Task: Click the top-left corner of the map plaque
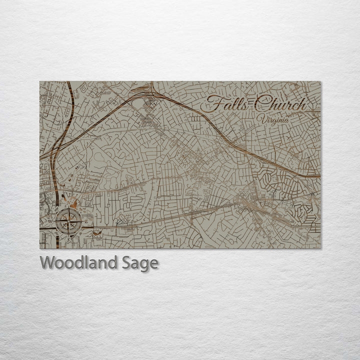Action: [40, 81]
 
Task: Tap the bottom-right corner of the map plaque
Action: [320, 248]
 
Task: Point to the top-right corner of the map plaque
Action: [320, 81]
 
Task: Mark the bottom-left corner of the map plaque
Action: [40, 248]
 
